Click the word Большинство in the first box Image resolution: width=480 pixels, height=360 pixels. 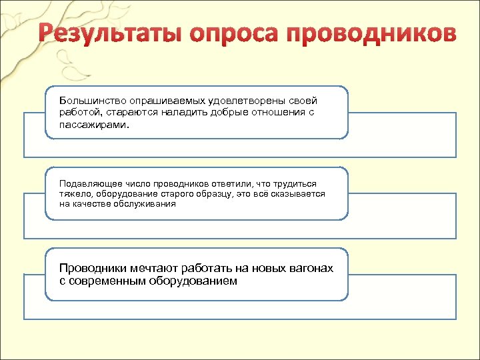click(91, 100)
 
